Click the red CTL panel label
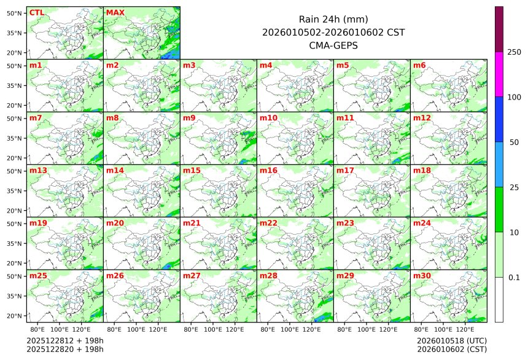[x=37, y=12]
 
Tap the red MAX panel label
[x=115, y=12]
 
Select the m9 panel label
[x=190, y=117]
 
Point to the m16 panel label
[x=268, y=170]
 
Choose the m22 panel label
[x=268, y=223]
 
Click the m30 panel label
[x=422, y=276]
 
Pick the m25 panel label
[x=38, y=276]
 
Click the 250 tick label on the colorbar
[x=514, y=52]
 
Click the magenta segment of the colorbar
[x=499, y=74]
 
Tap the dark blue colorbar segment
[x=499, y=119]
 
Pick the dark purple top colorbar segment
[x=499, y=29]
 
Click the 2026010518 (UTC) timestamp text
[x=451, y=340]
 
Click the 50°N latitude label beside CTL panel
[x=15, y=13]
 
